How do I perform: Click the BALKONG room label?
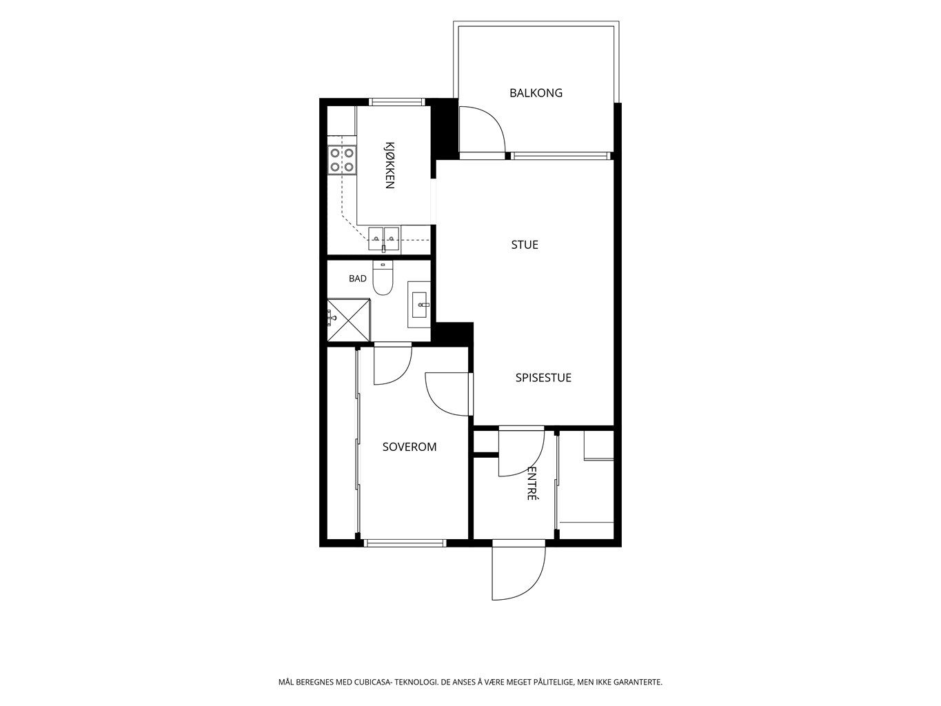536,93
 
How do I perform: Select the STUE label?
525,245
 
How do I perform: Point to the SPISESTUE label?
543,378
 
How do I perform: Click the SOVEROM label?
409,447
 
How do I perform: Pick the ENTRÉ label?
532,483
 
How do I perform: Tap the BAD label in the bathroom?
358,279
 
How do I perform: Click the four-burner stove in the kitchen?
342,160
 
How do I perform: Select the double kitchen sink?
384,239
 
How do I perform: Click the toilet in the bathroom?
383,279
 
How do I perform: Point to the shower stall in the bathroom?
349,320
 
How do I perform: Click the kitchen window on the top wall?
396,102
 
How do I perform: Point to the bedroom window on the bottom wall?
405,543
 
